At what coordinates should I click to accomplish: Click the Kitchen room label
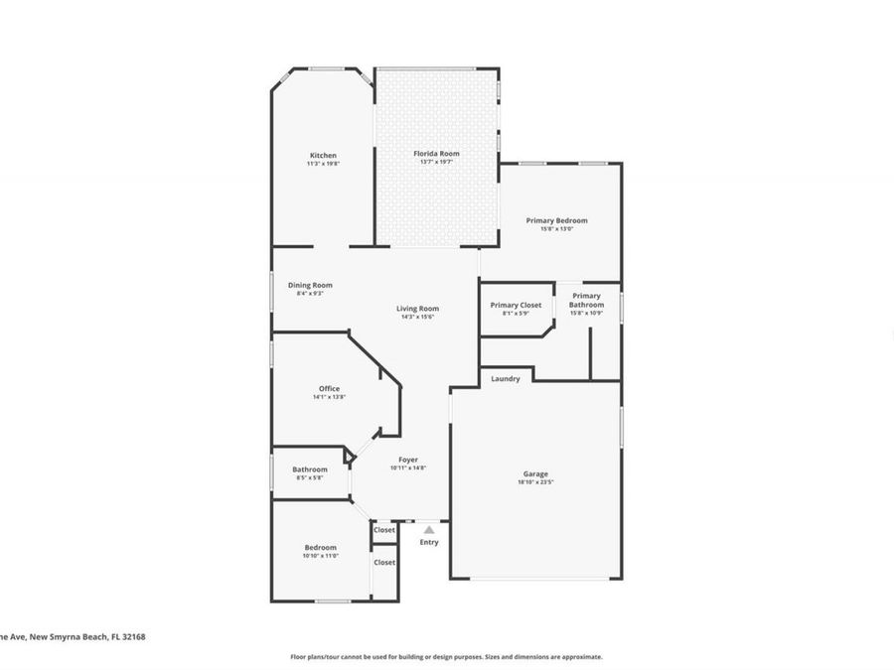pos(323,155)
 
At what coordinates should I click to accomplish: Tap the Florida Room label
pos(436,153)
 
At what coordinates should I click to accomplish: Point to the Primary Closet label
pos(516,305)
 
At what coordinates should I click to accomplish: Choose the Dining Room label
pos(310,285)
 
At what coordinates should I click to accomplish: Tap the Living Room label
pos(417,309)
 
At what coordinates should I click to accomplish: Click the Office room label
pos(329,388)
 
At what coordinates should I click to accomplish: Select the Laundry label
pos(505,378)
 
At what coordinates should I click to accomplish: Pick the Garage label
pos(535,473)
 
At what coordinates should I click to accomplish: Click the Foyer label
pos(408,460)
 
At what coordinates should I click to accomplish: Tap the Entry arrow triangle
pos(429,530)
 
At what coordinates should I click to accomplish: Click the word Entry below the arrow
pos(429,542)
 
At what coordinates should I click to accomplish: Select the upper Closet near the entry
pos(384,530)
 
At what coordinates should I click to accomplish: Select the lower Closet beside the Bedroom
pos(384,562)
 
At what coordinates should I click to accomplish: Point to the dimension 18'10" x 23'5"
pos(535,482)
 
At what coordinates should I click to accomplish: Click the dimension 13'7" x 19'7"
pos(436,162)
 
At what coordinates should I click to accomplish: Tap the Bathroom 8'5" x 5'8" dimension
pos(309,478)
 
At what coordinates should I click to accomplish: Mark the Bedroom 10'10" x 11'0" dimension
pos(321,556)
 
